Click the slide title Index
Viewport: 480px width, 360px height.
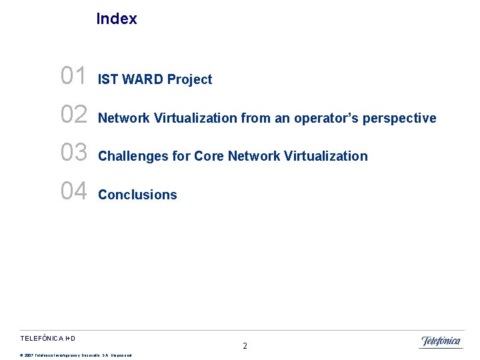pos(117,19)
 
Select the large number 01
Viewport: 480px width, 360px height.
pos(73,77)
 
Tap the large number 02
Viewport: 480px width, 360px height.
pos(73,115)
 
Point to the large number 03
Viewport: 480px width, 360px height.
pos(73,153)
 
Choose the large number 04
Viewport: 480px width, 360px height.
pos(73,191)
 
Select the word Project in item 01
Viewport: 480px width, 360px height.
pos(189,79)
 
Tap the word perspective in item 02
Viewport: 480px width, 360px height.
pos(399,119)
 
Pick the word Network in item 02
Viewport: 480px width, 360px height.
pos(124,118)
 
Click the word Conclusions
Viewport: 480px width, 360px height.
pos(137,195)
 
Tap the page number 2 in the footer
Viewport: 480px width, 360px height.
pos(245,346)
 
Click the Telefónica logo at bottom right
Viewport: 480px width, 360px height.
pos(441,341)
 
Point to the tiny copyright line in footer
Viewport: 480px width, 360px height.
pos(76,355)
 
